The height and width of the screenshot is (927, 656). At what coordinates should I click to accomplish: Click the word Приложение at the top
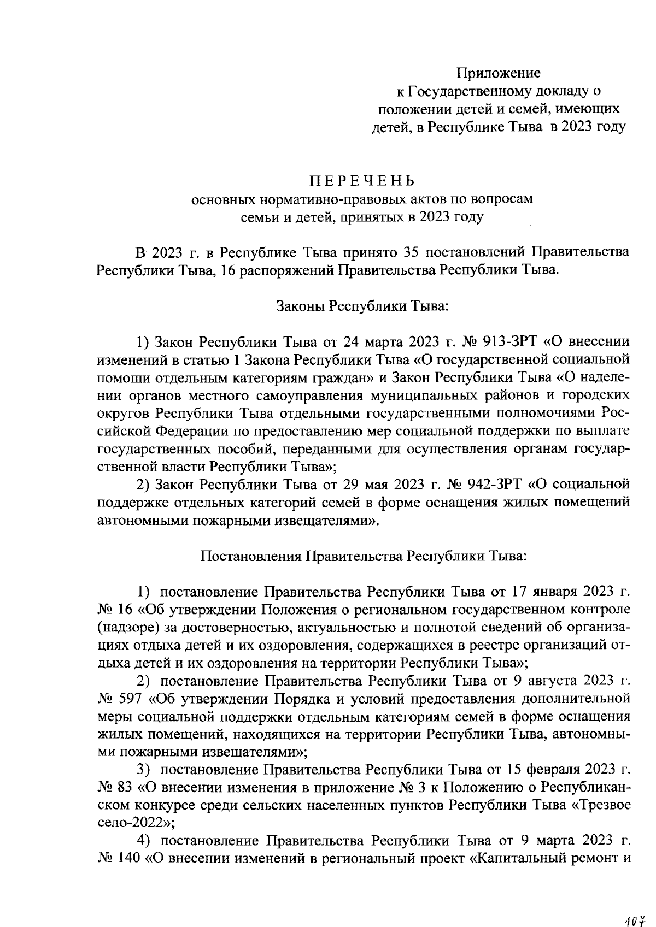[x=498, y=73]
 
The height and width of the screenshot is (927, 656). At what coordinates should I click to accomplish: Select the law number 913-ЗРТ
[x=511, y=343]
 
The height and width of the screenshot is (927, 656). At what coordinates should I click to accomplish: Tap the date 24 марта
[x=368, y=343]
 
